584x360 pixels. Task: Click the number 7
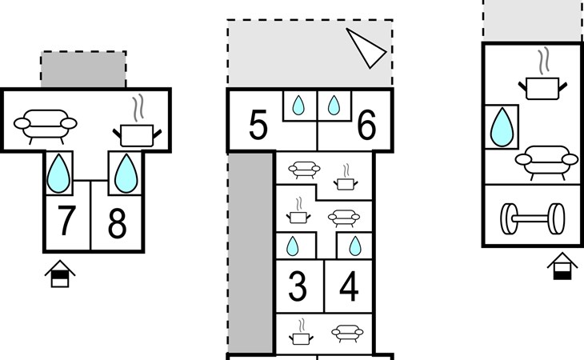(x=67, y=225)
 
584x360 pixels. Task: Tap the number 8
(x=117, y=225)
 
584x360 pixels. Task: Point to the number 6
(x=366, y=126)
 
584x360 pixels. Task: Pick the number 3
(x=298, y=287)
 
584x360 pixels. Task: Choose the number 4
(x=349, y=287)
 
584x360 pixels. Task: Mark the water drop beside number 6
(x=334, y=106)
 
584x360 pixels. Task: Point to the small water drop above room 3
(x=293, y=245)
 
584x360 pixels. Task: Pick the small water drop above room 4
(x=353, y=245)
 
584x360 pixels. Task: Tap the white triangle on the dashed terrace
(x=367, y=49)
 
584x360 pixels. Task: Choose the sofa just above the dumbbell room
(x=547, y=158)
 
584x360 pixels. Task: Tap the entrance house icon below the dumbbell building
(x=563, y=266)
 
